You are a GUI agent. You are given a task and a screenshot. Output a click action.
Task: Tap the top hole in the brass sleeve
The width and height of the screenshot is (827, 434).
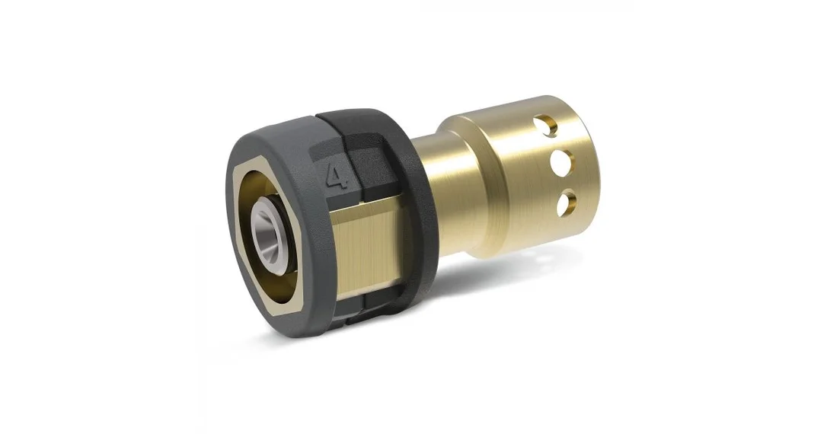544,126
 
